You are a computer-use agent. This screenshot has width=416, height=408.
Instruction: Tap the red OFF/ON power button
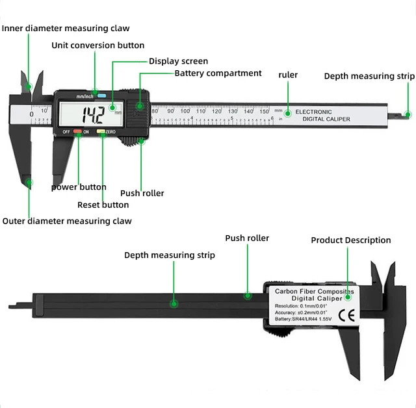coord(78,132)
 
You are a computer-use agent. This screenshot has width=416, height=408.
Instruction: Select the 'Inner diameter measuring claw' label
coord(66,28)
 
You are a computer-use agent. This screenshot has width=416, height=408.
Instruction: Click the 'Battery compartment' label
coord(218,73)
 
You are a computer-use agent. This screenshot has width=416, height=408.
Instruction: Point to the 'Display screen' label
coord(178,61)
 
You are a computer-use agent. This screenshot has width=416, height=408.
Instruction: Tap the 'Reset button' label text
coord(103,205)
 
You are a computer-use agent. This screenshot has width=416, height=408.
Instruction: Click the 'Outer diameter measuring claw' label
coord(67,221)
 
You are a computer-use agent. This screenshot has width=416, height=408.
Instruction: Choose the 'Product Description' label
coord(350,240)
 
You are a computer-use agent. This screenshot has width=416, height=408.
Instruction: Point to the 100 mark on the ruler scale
coord(185,111)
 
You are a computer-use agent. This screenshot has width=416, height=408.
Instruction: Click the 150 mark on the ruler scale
coord(264,111)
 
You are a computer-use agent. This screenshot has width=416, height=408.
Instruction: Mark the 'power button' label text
coord(79,187)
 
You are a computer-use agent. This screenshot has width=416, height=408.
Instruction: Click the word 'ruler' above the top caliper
coord(288,75)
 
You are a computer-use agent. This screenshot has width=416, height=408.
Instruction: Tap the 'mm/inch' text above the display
coord(84,96)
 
